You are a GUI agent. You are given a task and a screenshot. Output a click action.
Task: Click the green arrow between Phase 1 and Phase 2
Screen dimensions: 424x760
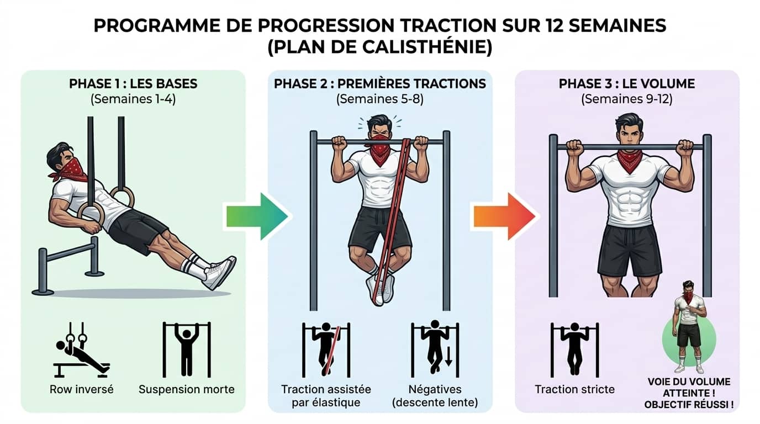(256, 216)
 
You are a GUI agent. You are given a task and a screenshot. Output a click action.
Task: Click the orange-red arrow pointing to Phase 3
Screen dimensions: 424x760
(503, 216)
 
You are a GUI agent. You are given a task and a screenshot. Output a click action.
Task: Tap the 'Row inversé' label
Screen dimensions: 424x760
(82, 389)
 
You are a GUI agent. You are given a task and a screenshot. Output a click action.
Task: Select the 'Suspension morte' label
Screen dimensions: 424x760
(187, 389)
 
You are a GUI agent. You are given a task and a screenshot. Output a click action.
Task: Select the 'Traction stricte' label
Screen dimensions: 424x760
(574, 389)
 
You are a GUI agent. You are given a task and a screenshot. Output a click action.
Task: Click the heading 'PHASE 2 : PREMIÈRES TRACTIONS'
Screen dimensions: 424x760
(380, 84)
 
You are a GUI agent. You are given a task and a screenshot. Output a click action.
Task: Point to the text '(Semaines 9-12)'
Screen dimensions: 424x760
(627, 100)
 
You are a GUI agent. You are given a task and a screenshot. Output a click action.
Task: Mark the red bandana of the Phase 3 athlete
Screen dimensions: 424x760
(630, 160)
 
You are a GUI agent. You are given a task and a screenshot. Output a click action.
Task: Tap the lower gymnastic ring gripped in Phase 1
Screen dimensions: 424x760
(90, 213)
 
